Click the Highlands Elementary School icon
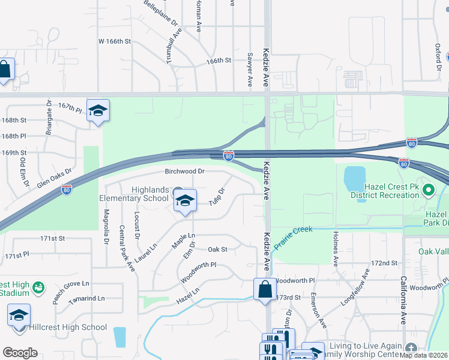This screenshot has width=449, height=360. coord(185,201)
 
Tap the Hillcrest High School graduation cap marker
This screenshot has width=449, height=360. coord(19,315)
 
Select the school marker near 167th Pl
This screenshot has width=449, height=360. coord(98,110)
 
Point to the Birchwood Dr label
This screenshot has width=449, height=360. coord(185,172)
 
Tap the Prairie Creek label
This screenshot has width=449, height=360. coord(294,238)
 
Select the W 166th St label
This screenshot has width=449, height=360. coord(114,41)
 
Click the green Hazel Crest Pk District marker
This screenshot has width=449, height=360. coord(428,191)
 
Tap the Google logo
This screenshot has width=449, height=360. coord(20,353)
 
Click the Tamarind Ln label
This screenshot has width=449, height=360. coord(86,298)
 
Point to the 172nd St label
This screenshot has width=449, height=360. coord(385,263)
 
